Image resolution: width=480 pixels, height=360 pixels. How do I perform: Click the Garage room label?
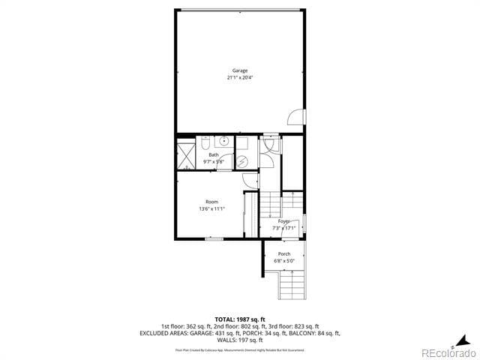click(x=239, y=70)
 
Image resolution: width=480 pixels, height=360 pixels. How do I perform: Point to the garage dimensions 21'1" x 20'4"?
click(x=239, y=77)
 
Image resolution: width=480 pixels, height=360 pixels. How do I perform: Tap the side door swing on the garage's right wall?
click(x=297, y=116)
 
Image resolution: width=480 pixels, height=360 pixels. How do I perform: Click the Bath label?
click(x=214, y=154)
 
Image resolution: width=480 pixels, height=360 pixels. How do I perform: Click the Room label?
click(x=212, y=202)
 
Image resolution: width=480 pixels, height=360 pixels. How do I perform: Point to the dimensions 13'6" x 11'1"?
click(x=212, y=208)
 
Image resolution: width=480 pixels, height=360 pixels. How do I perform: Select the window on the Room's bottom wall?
click(x=214, y=238)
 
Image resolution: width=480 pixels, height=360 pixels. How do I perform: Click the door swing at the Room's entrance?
click(x=250, y=181)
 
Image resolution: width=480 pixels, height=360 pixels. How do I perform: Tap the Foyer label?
click(x=283, y=221)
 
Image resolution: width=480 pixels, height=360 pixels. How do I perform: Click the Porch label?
click(x=284, y=254)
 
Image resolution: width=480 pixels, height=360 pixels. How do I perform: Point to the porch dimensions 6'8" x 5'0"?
click(x=284, y=261)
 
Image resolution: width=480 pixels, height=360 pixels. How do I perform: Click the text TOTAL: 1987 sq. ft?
click(x=239, y=319)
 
